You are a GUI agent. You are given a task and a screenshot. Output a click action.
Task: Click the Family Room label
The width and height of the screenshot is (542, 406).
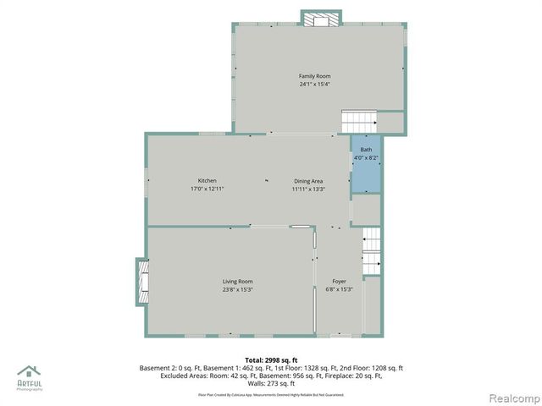[313, 76]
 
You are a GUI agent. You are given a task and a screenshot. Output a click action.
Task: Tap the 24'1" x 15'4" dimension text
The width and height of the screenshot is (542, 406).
[313, 84]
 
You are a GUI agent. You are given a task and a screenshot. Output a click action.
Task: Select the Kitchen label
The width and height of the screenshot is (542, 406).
[207, 180]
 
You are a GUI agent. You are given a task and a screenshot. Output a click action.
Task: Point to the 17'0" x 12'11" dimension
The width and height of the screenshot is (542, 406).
[207, 189]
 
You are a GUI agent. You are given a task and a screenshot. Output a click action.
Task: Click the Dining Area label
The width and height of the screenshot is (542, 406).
[308, 180]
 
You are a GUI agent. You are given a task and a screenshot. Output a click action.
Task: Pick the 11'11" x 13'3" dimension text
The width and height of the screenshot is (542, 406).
[308, 189]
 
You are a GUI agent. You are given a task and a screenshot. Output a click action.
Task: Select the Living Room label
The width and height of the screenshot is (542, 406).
[238, 282]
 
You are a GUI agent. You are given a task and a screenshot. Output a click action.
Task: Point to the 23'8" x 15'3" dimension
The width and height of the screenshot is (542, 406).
[238, 290]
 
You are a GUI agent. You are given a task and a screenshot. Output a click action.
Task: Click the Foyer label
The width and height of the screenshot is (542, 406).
[339, 282]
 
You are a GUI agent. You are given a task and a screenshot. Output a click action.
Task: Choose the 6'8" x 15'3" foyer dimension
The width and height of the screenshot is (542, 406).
[339, 290]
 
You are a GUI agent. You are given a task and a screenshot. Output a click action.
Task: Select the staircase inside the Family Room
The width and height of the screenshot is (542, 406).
[358, 121]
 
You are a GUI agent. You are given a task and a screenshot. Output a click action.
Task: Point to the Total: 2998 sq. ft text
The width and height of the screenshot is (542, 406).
[271, 359]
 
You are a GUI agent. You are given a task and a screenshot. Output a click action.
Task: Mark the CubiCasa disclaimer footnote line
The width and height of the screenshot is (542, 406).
[271, 394]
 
